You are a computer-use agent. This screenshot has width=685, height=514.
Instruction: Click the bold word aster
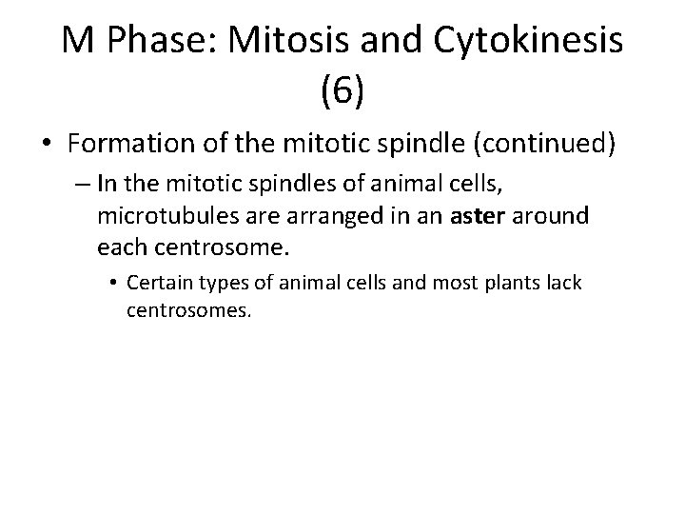point(481,216)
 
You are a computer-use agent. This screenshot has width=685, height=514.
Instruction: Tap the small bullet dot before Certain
point(113,284)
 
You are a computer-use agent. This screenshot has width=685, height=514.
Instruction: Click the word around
point(556,216)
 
